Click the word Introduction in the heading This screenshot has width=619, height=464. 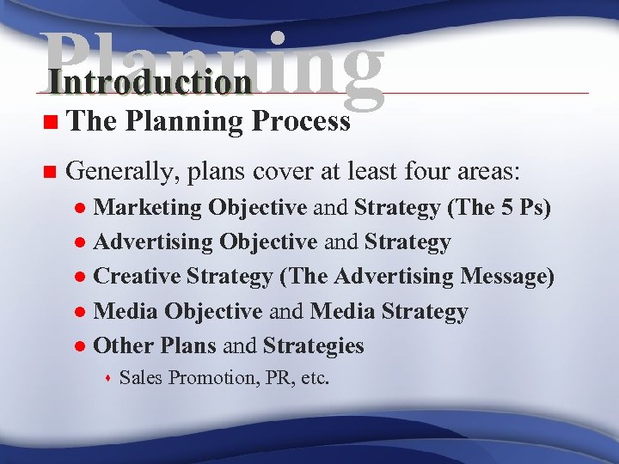(x=150, y=82)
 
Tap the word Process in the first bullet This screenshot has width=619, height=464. (x=301, y=122)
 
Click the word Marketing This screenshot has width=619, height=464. (x=148, y=208)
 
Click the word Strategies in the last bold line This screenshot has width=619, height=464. (x=314, y=345)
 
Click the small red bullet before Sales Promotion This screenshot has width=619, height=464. (x=108, y=378)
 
